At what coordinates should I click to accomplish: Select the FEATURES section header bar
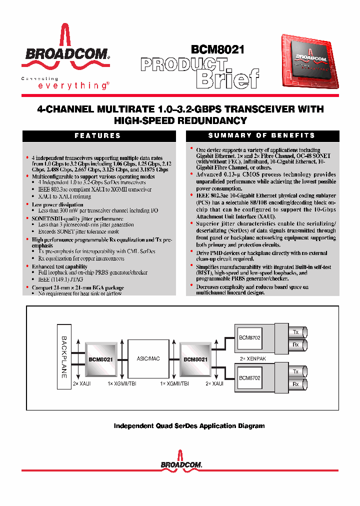point(97,135)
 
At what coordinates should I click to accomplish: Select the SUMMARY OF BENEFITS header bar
point(262,135)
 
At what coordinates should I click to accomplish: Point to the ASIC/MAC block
point(148,359)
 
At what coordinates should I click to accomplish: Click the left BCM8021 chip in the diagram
point(100,359)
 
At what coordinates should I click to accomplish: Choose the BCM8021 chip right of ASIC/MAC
point(195,359)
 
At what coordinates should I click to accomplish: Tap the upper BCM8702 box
point(250,337)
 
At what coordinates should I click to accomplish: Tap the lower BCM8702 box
point(250,378)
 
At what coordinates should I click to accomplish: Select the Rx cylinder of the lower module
point(296,384)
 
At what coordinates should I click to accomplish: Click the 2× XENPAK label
point(249,359)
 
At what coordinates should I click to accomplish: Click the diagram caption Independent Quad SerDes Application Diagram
point(189,426)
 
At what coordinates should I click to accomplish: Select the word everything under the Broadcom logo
point(72,85)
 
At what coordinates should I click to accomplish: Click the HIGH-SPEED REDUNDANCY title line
point(180,120)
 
